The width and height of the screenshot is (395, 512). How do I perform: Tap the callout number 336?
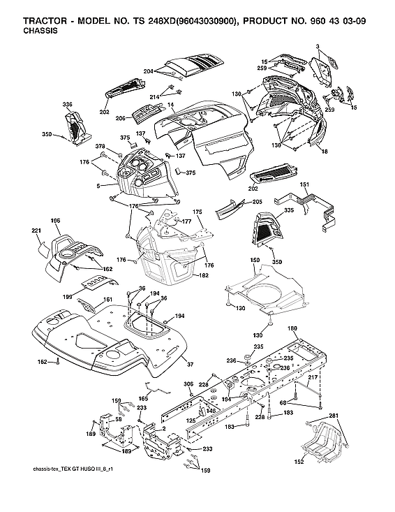(67, 105)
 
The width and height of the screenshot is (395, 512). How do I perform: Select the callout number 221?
(37, 231)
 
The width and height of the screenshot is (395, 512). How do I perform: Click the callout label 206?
(120, 119)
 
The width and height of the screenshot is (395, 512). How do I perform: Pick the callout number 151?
(304, 184)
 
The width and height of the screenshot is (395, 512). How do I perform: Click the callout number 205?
(256, 202)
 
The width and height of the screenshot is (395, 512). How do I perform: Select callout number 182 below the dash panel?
(204, 277)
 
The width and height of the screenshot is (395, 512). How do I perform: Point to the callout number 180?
(292, 329)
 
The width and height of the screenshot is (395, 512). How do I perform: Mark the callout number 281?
(334, 417)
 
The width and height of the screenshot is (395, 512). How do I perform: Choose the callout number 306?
(188, 384)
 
